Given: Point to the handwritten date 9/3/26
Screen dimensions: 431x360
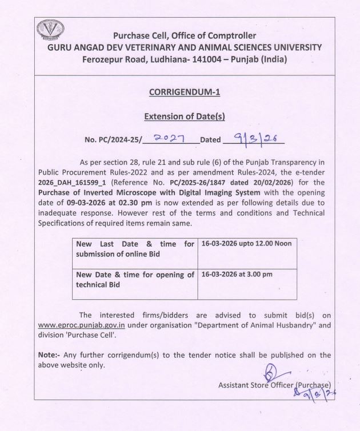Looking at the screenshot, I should [252, 138].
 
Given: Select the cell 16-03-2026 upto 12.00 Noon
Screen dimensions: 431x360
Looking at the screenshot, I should [246, 244].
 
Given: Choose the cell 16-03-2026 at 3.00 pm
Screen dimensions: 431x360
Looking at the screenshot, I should [237, 274].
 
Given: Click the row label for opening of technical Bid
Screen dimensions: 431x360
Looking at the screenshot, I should [135, 279].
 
